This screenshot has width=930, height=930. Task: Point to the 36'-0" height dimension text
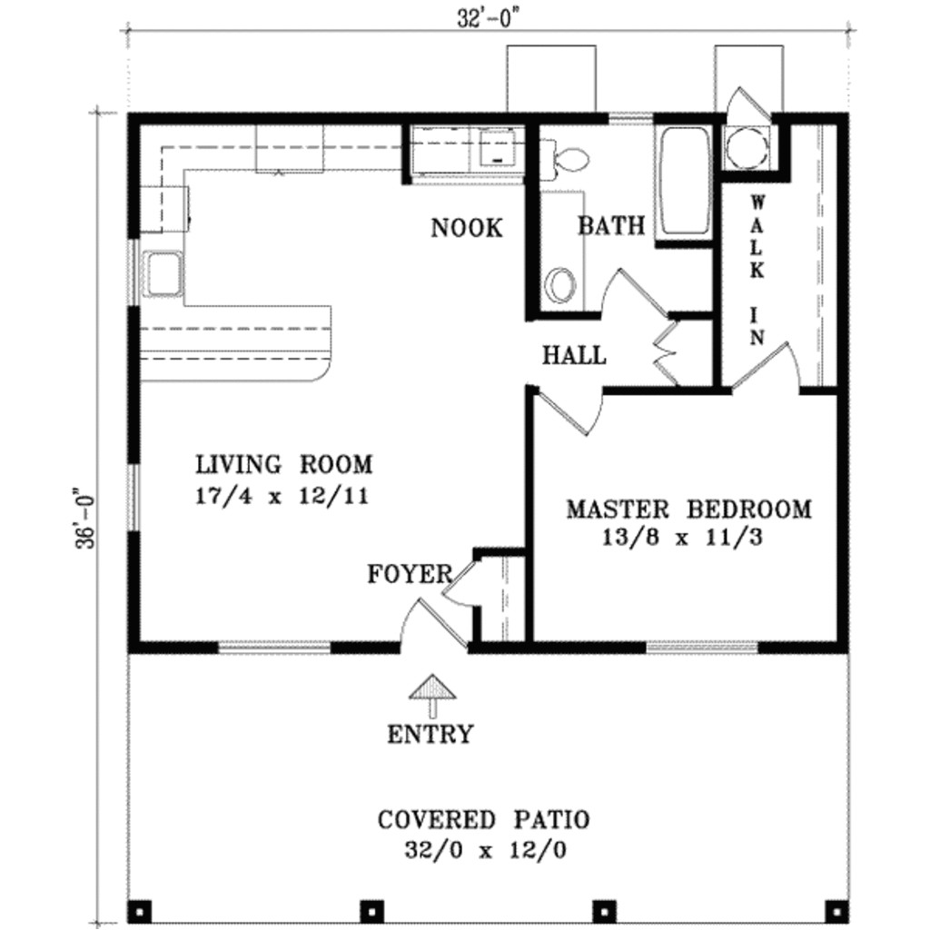[87, 519]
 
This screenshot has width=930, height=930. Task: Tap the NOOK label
[466, 228]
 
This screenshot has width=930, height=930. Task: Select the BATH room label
[611, 225]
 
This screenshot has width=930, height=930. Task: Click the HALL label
[574, 355]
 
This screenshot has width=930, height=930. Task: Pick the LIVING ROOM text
[284, 465]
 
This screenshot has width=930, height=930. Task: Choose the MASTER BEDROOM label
[688, 509]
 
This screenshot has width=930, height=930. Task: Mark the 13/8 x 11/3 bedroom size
[681, 538]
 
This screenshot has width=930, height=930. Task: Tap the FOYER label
[409, 574]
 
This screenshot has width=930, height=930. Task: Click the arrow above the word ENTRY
[432, 696]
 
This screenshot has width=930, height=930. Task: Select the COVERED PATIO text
[483, 820]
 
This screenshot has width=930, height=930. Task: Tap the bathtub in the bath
[684, 182]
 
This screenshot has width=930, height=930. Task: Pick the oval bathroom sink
[560, 285]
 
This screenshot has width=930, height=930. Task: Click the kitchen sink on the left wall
[163, 273]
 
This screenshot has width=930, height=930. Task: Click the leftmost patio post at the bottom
[139, 908]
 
